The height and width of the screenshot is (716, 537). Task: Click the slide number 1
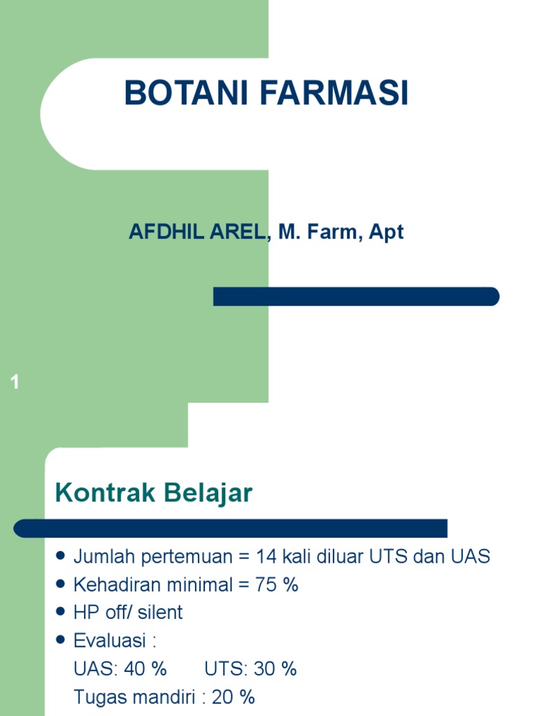point(15,382)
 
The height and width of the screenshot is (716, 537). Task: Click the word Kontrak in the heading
point(105,494)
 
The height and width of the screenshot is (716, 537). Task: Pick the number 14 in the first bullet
point(266,557)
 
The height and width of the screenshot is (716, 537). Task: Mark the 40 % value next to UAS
point(145,668)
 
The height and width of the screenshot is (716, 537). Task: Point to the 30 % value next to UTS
point(275,668)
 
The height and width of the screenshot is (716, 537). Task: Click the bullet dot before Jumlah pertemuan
point(60,557)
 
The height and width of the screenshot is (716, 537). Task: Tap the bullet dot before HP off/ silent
point(60,613)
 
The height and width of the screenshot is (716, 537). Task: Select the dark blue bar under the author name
point(356,296)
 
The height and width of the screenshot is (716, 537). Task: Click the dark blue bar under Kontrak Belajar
point(231,528)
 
